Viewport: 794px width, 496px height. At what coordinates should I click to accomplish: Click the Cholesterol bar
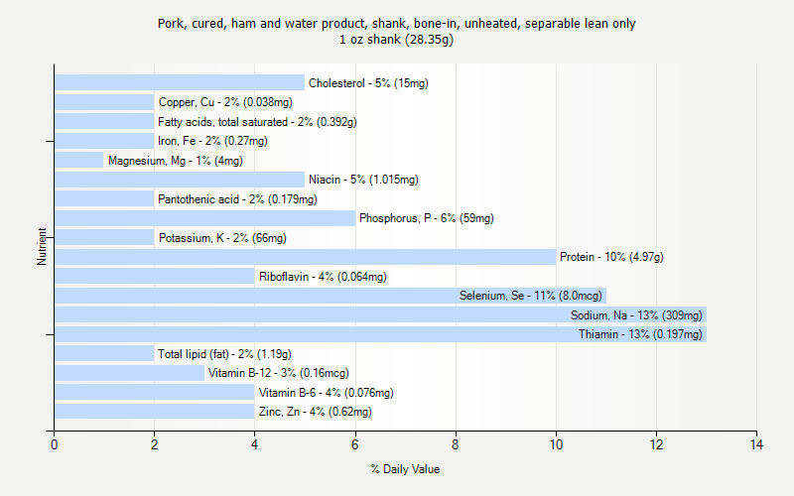pyautogui.click(x=179, y=83)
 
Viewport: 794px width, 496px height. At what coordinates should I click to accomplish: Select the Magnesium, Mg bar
pyautogui.click(x=78, y=160)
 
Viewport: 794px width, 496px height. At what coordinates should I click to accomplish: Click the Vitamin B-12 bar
pyautogui.click(x=129, y=373)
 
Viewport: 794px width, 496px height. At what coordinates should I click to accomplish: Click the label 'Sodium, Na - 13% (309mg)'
pyautogui.click(x=636, y=315)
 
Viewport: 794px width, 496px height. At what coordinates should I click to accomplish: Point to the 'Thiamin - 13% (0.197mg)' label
pyautogui.click(x=640, y=334)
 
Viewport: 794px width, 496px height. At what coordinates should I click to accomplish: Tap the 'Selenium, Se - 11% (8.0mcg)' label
pyautogui.click(x=530, y=296)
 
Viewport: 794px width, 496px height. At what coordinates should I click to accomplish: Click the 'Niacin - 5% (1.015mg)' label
pyautogui.click(x=363, y=180)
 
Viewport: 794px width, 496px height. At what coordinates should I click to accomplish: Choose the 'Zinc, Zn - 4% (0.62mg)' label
pyautogui.click(x=315, y=412)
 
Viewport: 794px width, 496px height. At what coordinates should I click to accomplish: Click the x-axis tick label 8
pyautogui.click(x=456, y=443)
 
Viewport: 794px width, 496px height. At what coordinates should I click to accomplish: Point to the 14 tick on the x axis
pyautogui.click(x=756, y=443)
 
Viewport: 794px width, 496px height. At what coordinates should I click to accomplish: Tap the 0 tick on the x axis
pyautogui.click(x=55, y=443)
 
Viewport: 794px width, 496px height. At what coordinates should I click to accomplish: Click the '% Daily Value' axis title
pyautogui.click(x=405, y=469)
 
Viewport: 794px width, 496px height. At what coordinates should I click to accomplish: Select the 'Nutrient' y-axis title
pyautogui.click(x=42, y=247)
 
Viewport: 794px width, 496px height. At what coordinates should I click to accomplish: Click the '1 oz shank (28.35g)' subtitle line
pyautogui.click(x=397, y=40)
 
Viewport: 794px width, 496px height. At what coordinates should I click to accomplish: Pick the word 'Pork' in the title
pyautogui.click(x=171, y=23)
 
